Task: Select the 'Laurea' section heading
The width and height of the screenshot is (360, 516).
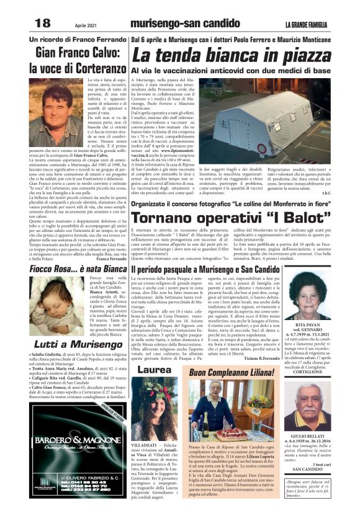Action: point(150,370)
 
